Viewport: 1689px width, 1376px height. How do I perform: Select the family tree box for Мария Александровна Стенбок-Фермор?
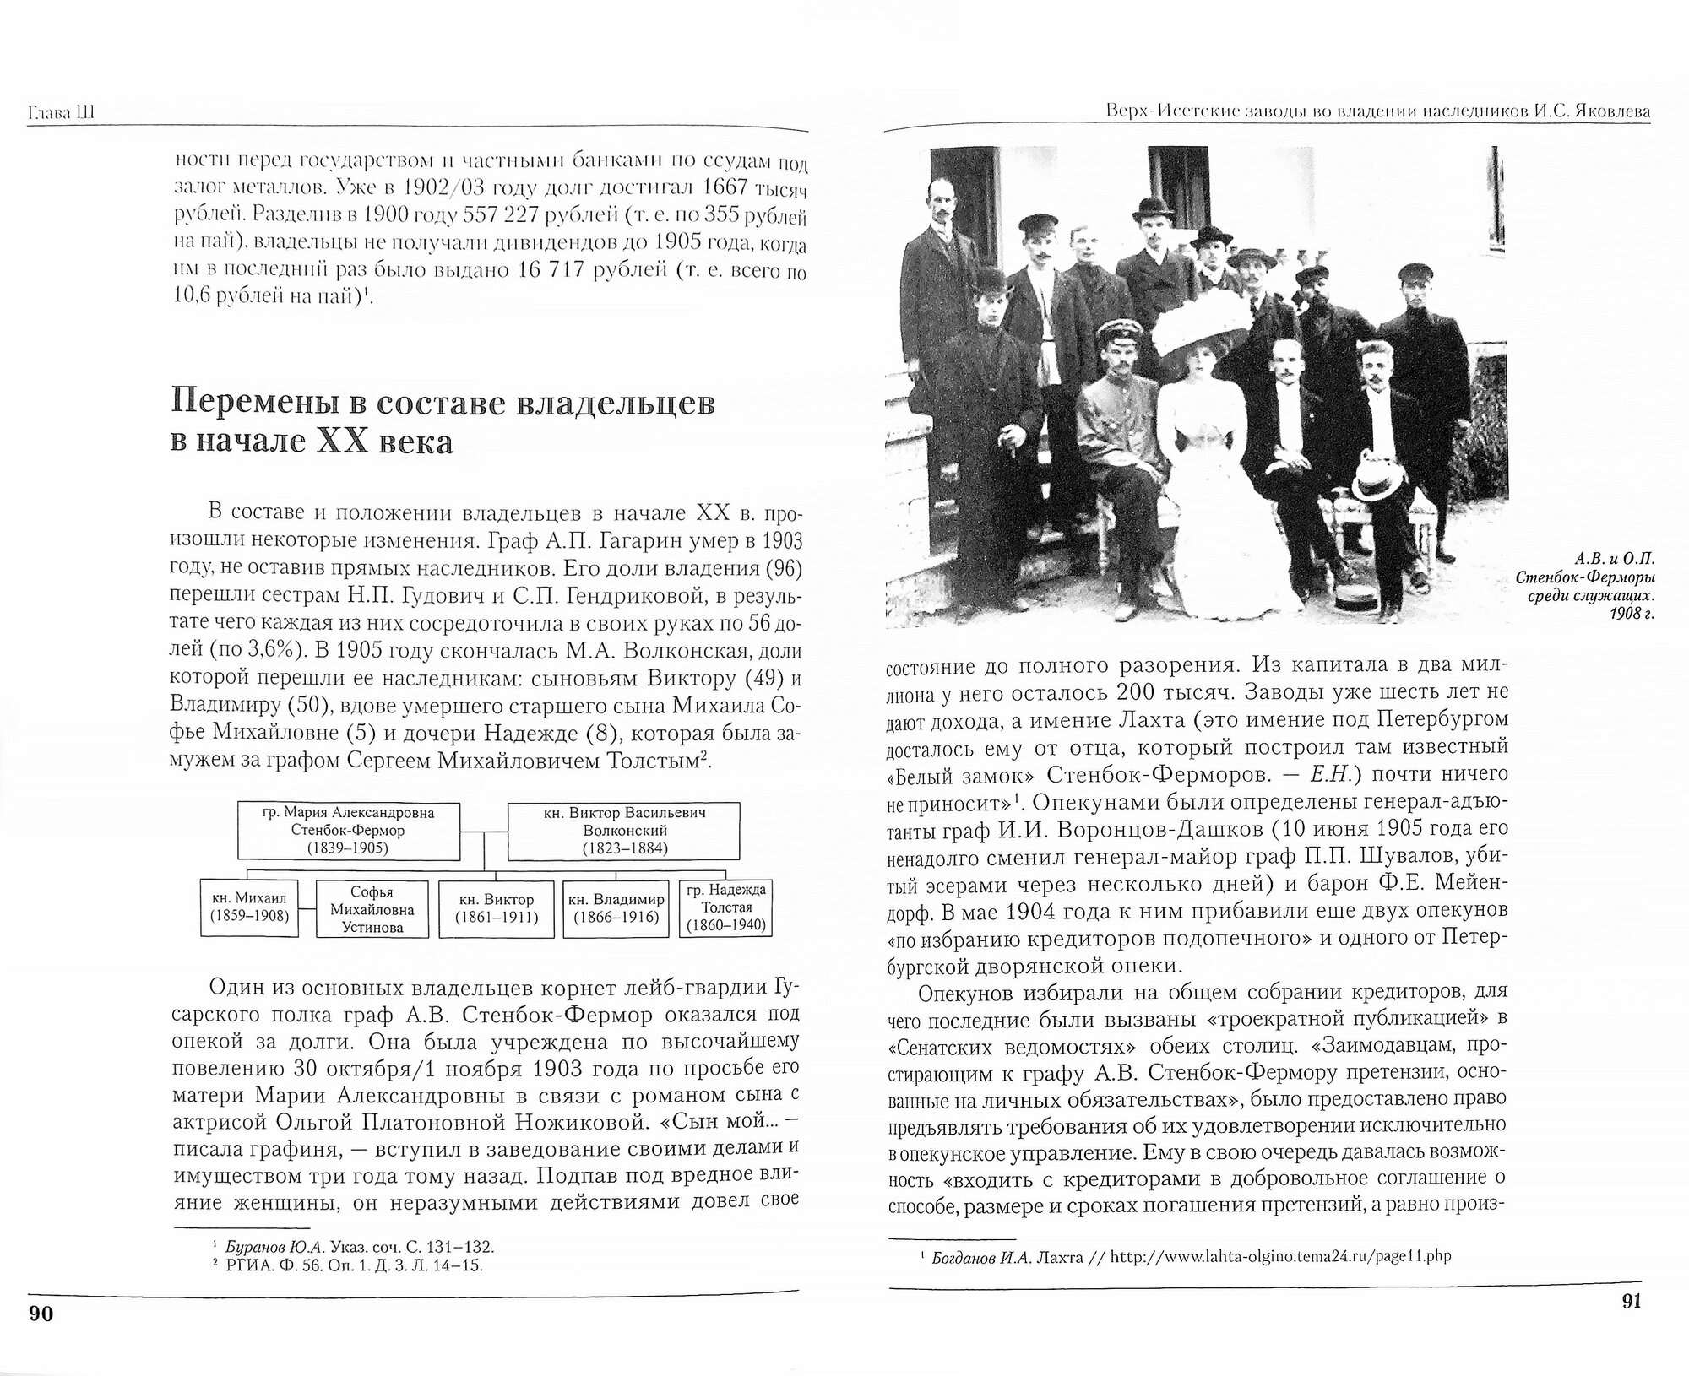click(348, 831)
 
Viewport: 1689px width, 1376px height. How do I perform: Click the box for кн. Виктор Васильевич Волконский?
click(623, 831)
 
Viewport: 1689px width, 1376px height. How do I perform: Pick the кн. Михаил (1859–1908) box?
click(251, 908)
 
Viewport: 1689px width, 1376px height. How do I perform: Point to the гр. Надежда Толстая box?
click(726, 908)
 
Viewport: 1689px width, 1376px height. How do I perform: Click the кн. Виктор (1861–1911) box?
click(494, 908)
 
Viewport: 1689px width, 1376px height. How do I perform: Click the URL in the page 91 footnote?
click(1280, 1256)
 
